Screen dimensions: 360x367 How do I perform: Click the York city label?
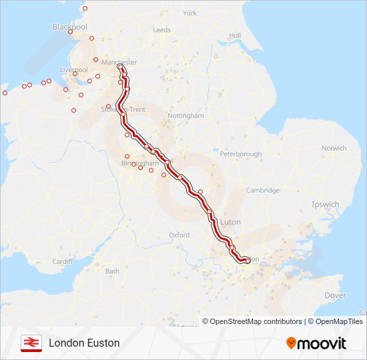point(190,13)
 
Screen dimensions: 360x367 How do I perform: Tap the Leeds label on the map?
point(162,30)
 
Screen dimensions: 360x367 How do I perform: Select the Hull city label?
point(234,35)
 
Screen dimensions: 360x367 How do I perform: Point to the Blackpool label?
point(69,27)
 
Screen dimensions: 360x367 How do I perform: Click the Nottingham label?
point(186,115)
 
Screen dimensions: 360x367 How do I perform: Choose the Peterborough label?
point(240,154)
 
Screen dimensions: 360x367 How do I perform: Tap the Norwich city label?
point(334,148)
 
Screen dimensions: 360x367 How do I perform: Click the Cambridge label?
point(262,191)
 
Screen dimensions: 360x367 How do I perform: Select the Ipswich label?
point(325,205)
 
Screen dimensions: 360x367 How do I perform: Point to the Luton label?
point(230,222)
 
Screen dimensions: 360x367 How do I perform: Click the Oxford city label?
point(179,235)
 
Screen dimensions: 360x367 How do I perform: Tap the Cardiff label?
point(62,261)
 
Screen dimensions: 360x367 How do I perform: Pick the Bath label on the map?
point(112,271)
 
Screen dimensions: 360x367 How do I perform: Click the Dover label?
point(335,295)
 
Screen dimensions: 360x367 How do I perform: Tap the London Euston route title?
point(84,343)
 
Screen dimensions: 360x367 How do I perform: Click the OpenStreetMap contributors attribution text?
point(252,321)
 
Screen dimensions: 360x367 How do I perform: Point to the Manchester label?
point(119,63)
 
